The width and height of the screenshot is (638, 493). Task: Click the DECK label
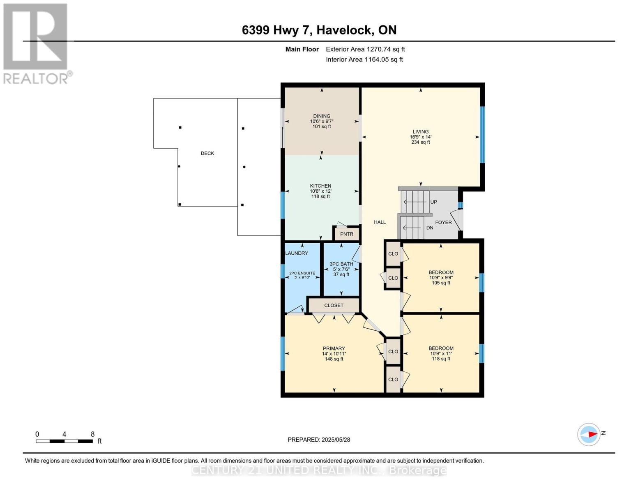207,153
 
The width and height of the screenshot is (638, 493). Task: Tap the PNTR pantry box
346,234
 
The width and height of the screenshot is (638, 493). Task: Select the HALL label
380,222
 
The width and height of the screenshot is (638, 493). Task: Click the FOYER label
443,222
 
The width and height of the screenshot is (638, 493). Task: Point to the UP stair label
434,202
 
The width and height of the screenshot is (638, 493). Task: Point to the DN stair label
430,228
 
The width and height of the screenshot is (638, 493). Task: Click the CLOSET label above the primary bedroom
334,305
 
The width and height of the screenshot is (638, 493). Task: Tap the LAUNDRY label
297,253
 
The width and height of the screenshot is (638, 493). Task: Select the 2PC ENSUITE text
302,273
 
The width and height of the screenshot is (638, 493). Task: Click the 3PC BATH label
341,264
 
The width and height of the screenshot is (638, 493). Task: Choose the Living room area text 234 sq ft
421,142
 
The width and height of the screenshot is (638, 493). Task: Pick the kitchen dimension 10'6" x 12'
320,191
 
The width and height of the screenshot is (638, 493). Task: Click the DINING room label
322,116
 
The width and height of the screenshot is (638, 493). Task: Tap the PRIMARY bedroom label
334,348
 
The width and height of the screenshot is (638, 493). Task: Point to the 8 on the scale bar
92,434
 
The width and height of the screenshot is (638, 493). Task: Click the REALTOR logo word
35,79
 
